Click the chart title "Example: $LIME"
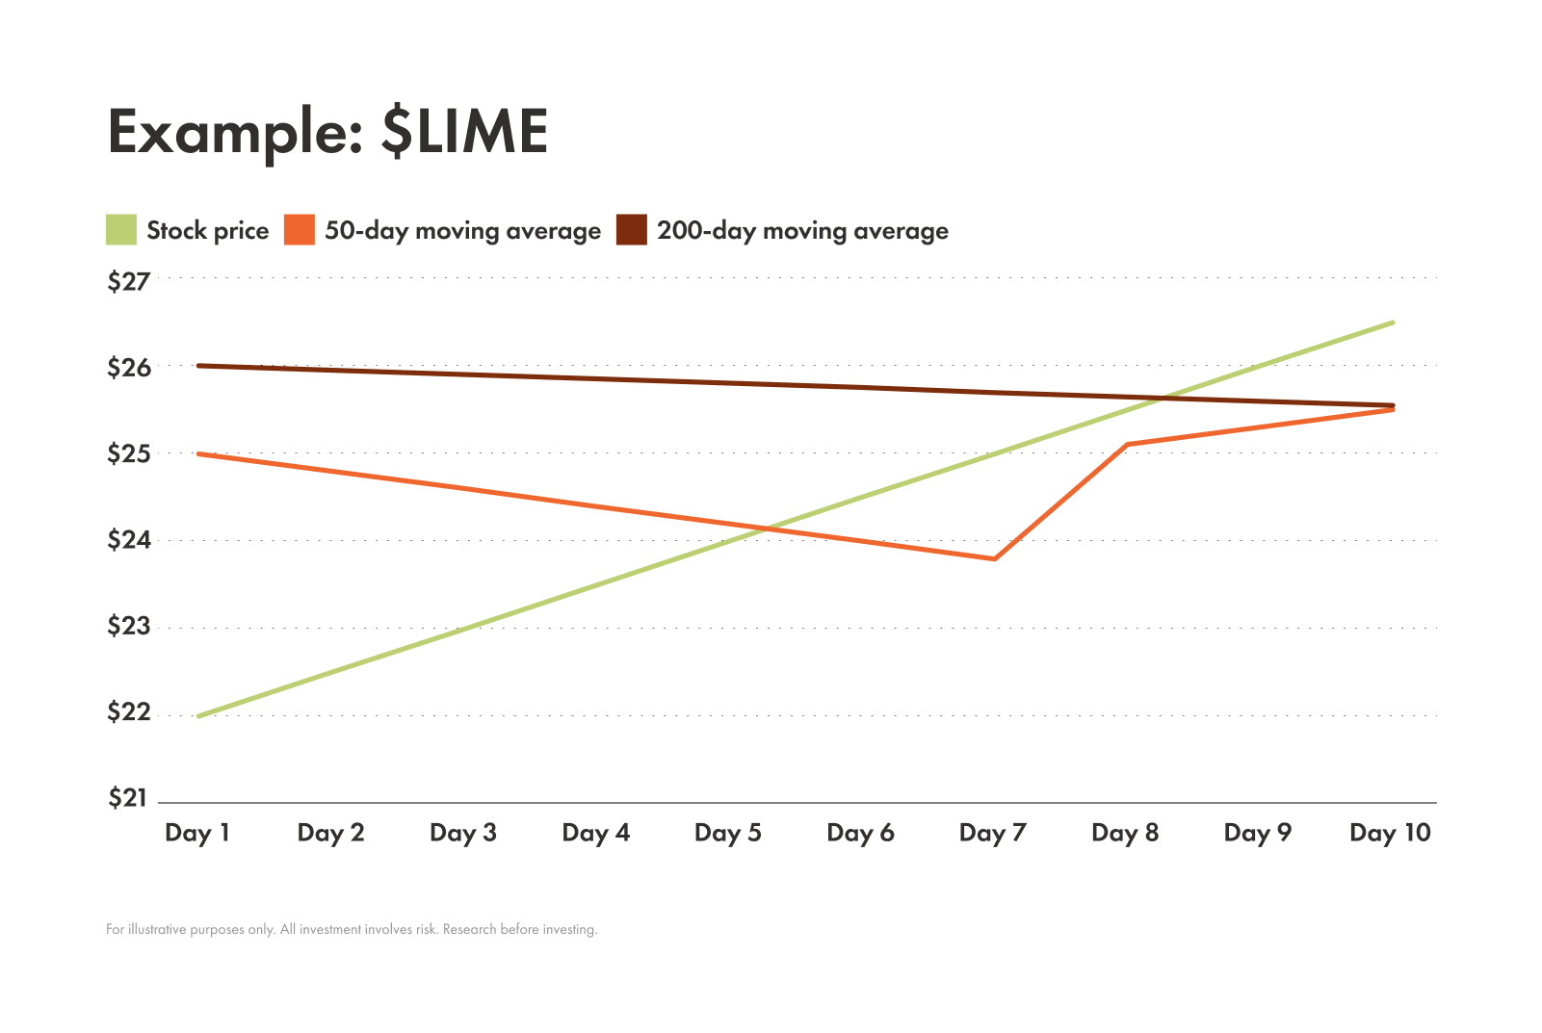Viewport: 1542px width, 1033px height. pos(327,131)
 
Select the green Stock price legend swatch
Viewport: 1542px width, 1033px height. pos(121,230)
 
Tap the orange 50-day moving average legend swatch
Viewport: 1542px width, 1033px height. pos(300,230)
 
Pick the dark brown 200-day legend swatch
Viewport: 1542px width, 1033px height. pos(632,230)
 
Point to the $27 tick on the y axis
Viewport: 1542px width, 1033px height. pos(129,281)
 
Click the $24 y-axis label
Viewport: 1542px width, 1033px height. pos(129,540)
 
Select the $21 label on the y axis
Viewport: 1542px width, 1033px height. pos(129,798)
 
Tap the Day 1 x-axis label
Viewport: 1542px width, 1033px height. pos(197,833)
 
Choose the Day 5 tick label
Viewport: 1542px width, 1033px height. pos(728,833)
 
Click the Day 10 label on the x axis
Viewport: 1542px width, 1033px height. pos(1390,833)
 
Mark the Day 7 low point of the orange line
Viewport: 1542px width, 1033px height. pos(994,558)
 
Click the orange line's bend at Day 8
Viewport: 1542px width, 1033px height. pos(1127,444)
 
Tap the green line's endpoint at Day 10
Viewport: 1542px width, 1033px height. pos(1393,323)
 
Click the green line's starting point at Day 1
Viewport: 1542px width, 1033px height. pos(198,716)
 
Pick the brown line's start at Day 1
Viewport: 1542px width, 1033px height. pos(198,366)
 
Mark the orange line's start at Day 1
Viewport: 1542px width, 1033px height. pos(198,453)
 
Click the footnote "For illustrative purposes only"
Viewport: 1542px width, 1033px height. pos(352,930)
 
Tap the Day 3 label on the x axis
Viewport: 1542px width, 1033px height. pos(463,833)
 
